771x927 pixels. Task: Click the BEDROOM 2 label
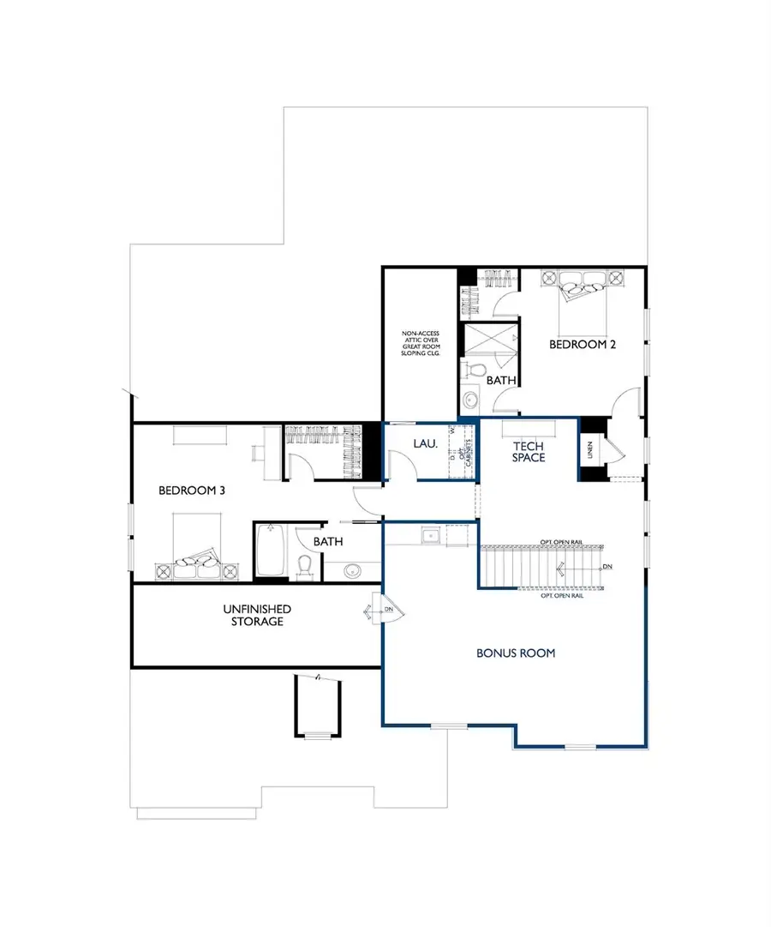pyautogui.click(x=583, y=344)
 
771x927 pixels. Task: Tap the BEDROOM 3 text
pyautogui.click(x=192, y=491)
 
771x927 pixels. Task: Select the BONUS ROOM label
pyautogui.click(x=516, y=653)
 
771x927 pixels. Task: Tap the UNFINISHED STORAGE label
pyautogui.click(x=257, y=614)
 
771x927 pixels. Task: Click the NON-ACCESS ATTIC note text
pyautogui.click(x=420, y=342)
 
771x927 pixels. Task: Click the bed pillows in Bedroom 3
pyautogui.click(x=193, y=569)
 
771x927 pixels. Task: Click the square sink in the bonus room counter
pyautogui.click(x=430, y=537)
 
